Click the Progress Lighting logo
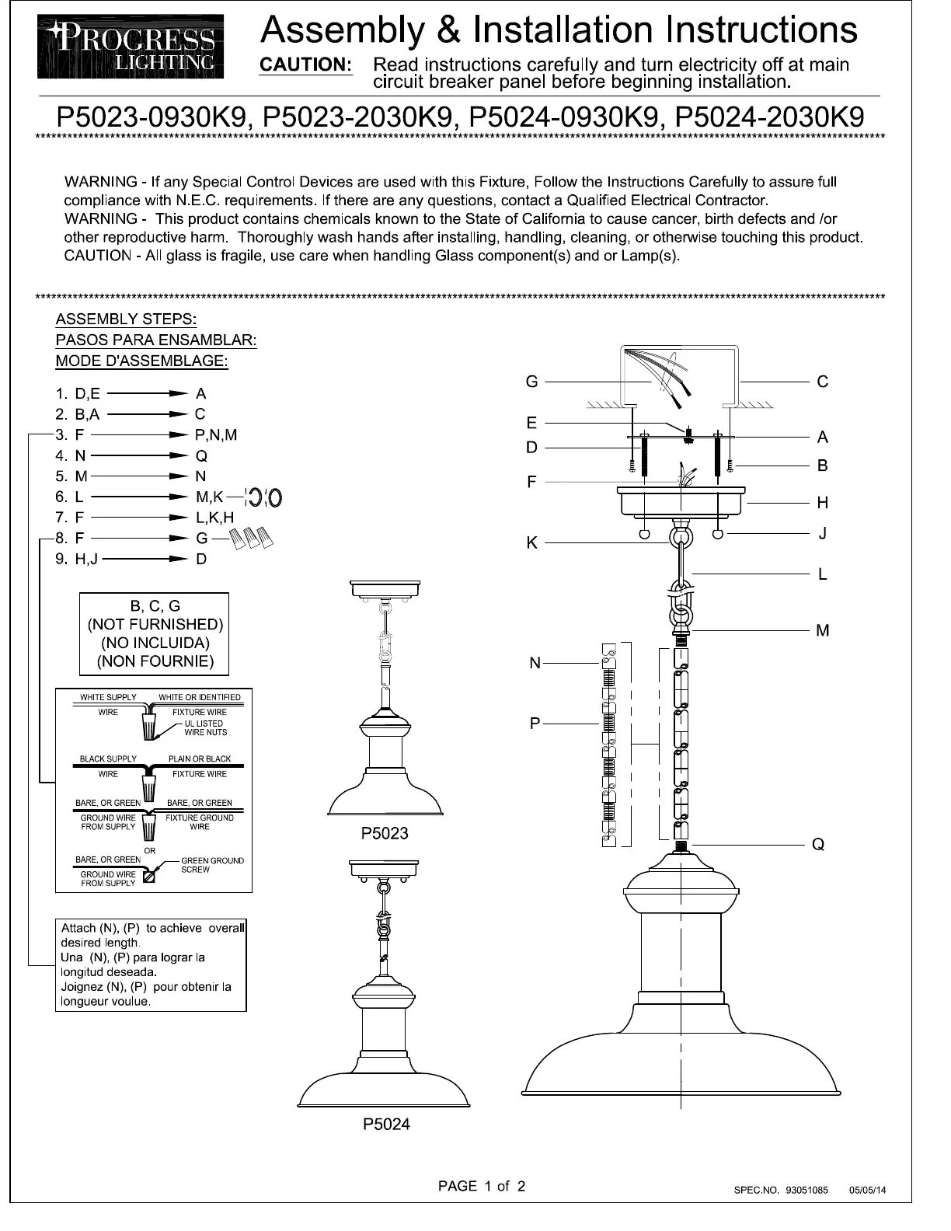click(131, 47)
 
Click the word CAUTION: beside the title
click(305, 65)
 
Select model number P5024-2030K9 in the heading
click(770, 117)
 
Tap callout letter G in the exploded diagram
click(531, 382)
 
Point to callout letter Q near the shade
click(817, 844)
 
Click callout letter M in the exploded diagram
click(822, 630)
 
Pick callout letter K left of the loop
click(531, 542)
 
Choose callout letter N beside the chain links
click(535, 663)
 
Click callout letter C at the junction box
click(822, 382)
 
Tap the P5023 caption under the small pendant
click(385, 834)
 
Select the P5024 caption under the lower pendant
click(386, 1124)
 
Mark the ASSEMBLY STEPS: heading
click(126, 319)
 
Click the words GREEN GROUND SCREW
click(211, 865)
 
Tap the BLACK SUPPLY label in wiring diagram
click(108, 758)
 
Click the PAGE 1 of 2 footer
click(482, 1186)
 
